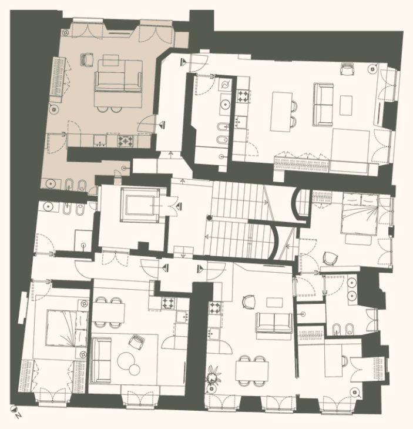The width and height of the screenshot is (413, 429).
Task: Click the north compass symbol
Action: coord(14,409)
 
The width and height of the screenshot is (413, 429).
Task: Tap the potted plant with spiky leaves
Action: coord(213,376)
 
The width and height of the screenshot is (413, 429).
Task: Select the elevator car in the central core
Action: coord(140,205)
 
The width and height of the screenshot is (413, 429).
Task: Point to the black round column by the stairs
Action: coord(210,218)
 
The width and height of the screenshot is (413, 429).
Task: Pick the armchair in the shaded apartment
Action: coord(88,59)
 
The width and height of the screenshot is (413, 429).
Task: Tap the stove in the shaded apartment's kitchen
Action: coord(126,141)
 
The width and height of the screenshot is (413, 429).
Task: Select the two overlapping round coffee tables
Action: coord(129,363)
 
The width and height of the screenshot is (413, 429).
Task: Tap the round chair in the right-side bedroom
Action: coord(330,258)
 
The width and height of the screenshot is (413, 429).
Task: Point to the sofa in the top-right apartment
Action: coord(324,105)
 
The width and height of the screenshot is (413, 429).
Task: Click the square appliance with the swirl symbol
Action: coord(226,85)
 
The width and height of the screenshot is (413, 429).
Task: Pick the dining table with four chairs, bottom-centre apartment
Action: coord(252,371)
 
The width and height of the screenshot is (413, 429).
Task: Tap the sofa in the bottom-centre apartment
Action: coord(274,323)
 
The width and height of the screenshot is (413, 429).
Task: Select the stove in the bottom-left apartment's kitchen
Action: coord(169,303)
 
